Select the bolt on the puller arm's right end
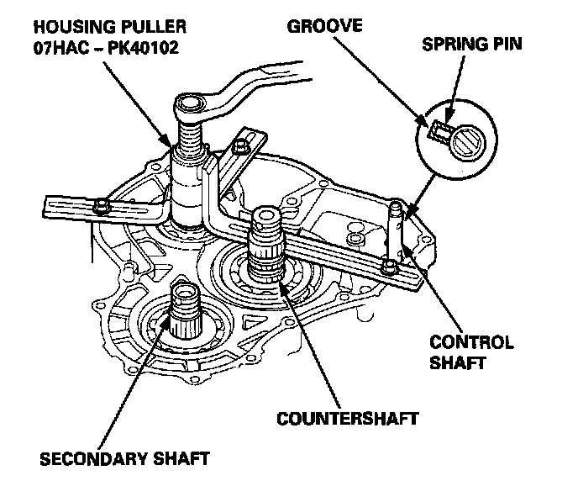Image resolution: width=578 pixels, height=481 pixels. pyautogui.click(x=389, y=267)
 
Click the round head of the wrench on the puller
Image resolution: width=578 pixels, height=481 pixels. pyautogui.click(x=189, y=105)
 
